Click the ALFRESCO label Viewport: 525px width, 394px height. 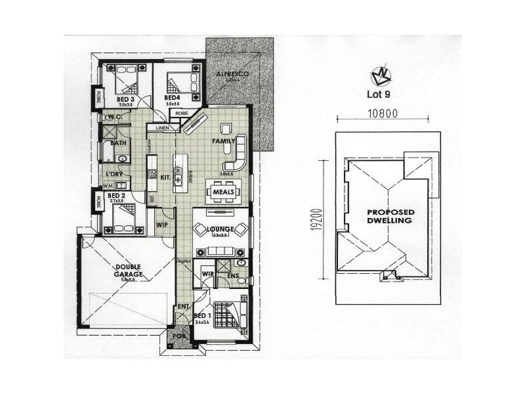pos(232,75)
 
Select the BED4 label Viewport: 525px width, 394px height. pos(173,98)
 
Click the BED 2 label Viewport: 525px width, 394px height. pos(116,196)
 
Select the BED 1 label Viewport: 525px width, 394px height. pos(202,317)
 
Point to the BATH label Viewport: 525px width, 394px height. pos(119,142)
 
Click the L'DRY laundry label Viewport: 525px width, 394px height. pos(114,174)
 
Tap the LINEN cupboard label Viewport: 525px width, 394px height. pos(163,127)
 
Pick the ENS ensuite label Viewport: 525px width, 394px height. pos(233,276)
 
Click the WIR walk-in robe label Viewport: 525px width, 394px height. pos(207,273)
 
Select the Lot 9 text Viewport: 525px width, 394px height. pos(379,93)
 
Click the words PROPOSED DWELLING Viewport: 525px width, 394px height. pos(390,217)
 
